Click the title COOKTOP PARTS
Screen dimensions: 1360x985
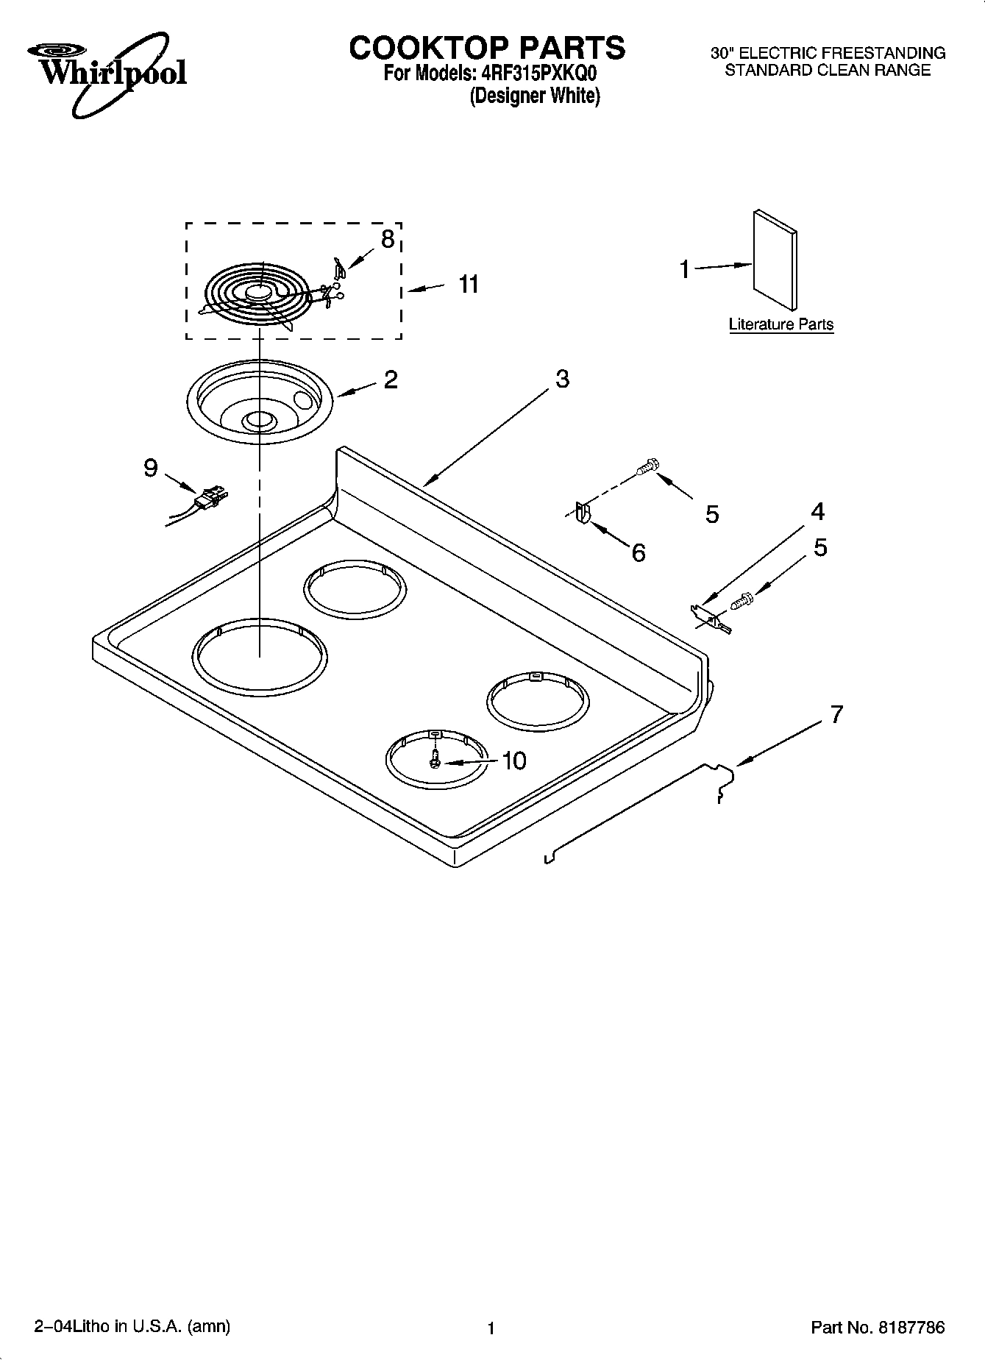click(x=487, y=48)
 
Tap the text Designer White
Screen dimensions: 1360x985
click(x=535, y=96)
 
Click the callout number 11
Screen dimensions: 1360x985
click(x=469, y=283)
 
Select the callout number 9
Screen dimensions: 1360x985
click(x=151, y=467)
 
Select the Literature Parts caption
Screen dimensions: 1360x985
click(x=780, y=324)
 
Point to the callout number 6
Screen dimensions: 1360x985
click(x=639, y=552)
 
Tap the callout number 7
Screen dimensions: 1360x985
click(x=836, y=713)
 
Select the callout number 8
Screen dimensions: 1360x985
click(x=387, y=238)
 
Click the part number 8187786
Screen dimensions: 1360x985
click(x=910, y=1328)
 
